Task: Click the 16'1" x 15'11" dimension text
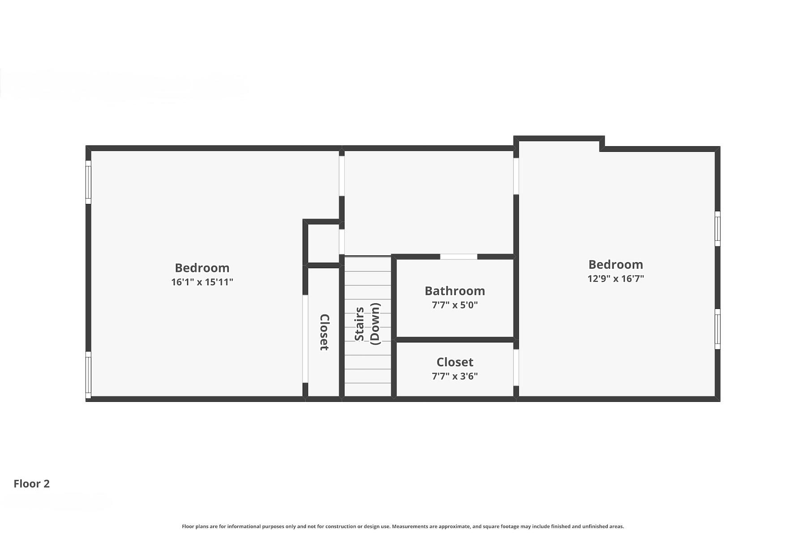(202, 282)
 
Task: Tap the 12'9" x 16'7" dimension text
(616, 278)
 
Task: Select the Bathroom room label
(454, 291)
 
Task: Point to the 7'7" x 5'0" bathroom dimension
(454, 305)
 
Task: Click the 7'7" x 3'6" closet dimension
(454, 376)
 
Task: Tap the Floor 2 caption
(31, 484)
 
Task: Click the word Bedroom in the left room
(202, 268)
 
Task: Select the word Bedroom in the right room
(616, 264)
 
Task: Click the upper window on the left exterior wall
(88, 182)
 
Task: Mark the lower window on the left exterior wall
(88, 375)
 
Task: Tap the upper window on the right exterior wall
(717, 229)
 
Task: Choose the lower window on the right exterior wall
(717, 329)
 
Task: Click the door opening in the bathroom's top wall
(459, 257)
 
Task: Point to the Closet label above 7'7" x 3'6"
(454, 362)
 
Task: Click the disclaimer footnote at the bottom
(403, 527)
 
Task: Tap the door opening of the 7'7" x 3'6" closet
(516, 367)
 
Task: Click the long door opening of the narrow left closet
(305, 339)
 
